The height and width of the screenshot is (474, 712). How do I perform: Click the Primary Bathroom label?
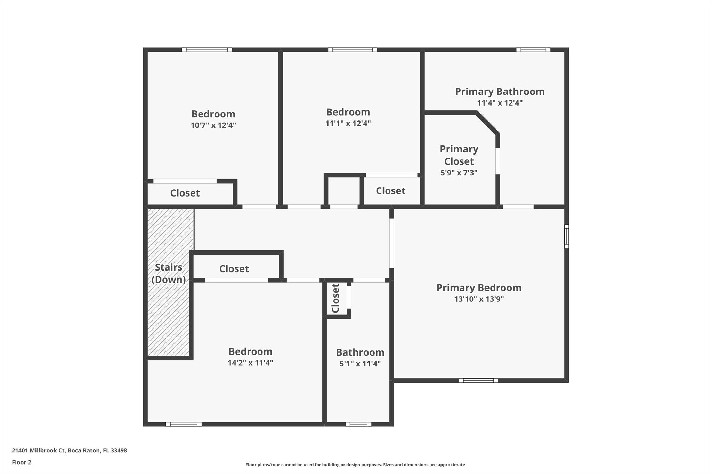[500, 92]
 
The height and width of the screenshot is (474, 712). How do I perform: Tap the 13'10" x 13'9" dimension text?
[479, 299]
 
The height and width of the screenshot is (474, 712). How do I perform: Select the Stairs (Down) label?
[169, 274]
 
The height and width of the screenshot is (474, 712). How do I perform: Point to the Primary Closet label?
[459, 155]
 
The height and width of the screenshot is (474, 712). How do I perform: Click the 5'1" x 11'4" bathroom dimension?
[360, 364]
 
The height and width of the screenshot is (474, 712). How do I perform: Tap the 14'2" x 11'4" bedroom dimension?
[250, 363]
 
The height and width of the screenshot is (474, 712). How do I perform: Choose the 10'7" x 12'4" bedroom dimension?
[213, 125]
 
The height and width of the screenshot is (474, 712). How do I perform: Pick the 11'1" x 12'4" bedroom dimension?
[348, 123]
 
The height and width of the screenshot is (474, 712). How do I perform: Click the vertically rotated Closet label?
[335, 298]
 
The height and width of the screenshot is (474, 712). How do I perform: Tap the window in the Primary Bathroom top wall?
[533, 50]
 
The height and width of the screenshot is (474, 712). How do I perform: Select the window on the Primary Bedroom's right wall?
[566, 236]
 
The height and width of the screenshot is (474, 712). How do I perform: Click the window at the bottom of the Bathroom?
[358, 424]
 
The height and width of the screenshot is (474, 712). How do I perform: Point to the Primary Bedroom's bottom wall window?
[478, 380]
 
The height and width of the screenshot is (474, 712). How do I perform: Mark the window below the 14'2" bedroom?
[184, 424]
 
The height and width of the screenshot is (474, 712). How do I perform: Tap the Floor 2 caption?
[22, 462]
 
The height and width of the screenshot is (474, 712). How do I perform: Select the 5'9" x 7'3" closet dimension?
[459, 173]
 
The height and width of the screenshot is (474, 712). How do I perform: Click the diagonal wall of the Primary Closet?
[487, 123]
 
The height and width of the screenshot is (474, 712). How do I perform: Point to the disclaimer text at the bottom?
[356, 465]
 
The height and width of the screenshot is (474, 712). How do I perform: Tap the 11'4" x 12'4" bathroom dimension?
[500, 103]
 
